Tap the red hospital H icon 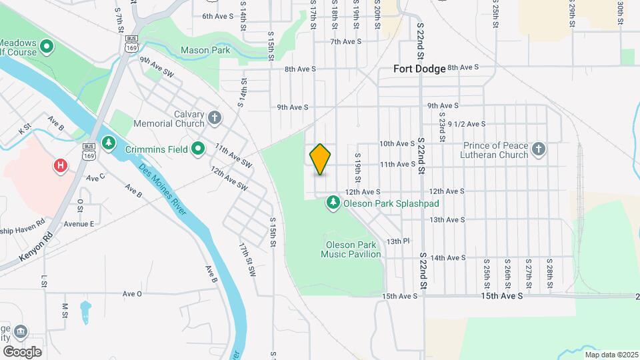[x=61, y=164]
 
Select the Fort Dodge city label [x=419, y=68]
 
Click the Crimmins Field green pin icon [x=197, y=149]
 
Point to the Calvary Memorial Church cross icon [x=214, y=119]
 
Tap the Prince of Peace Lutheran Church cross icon [x=539, y=149]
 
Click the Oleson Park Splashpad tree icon [x=333, y=201]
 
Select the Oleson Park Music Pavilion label [x=351, y=249]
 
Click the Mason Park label [x=205, y=50]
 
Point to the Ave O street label [x=132, y=293]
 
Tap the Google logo [x=22, y=351]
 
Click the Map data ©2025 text [x=610, y=354]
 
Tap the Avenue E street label [x=79, y=224]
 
